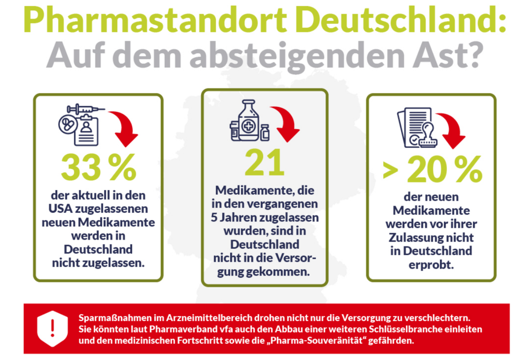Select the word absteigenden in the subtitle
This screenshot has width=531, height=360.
[x=298, y=57]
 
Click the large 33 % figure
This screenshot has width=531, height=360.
[x=99, y=167]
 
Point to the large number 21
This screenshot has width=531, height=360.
[x=265, y=162]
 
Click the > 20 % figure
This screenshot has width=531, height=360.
[x=433, y=169]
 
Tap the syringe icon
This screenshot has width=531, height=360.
[x=86, y=109]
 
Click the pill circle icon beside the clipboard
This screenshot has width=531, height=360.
[x=68, y=124]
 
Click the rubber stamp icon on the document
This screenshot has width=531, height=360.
[x=428, y=135]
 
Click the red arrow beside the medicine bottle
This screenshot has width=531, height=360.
[x=286, y=124]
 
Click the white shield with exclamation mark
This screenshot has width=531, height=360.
[x=52, y=329]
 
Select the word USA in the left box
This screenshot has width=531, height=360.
[x=60, y=209]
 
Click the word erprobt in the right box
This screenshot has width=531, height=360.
[x=431, y=265]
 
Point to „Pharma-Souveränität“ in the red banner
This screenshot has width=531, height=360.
[x=316, y=341]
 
